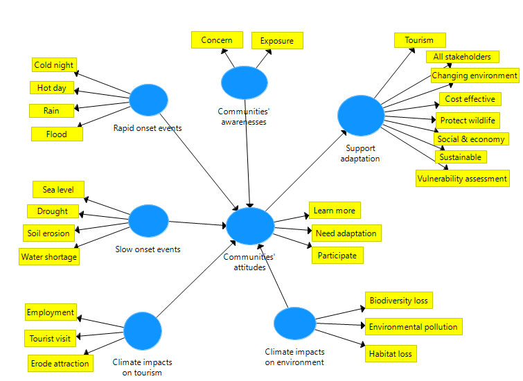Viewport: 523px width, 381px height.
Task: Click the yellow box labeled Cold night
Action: coord(54,65)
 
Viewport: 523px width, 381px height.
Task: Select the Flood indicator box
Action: coord(57,134)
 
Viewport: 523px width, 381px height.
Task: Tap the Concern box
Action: coord(217,40)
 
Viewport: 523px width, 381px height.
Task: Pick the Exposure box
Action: coord(276,41)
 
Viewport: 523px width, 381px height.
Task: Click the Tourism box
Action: coord(419,40)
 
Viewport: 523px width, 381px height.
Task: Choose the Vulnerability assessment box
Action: coord(462,179)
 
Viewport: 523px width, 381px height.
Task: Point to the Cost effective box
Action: coord(470,99)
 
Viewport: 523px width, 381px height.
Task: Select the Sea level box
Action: coord(58,190)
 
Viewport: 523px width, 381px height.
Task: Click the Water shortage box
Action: coord(49,257)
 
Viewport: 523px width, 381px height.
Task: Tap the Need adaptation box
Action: coord(346,233)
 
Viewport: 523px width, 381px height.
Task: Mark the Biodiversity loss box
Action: coord(399,301)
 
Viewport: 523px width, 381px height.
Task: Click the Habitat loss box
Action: coord(391,354)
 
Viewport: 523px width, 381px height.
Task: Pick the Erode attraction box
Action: coord(60,363)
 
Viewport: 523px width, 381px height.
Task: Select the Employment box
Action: coord(51,312)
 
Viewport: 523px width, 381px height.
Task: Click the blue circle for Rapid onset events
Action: coord(148,99)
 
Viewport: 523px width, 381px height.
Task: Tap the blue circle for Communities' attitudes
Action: coord(250,226)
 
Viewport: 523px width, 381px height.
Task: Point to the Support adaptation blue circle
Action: coord(360,116)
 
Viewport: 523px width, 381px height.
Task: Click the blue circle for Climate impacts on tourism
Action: coord(142,331)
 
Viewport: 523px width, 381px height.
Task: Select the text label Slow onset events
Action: coord(148,249)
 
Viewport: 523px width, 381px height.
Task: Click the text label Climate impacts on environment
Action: coord(294,357)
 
